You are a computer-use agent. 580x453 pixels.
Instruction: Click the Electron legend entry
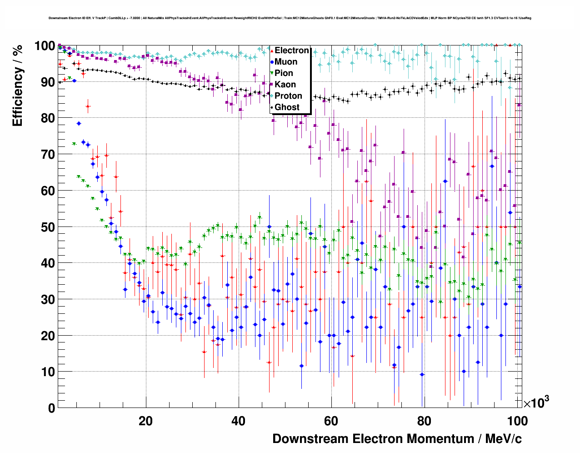point(291,50)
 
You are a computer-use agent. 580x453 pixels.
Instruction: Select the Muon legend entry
point(286,62)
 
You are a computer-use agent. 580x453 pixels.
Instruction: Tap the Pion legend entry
point(284,73)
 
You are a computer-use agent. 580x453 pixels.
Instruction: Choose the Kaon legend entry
point(285,85)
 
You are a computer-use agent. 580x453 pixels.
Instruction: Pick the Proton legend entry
point(288,96)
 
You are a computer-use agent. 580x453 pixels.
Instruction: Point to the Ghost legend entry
point(287,107)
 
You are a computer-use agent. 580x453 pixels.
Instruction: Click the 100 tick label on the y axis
point(45,46)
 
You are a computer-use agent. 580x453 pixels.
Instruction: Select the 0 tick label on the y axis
point(51,408)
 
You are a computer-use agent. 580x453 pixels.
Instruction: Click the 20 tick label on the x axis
point(145,421)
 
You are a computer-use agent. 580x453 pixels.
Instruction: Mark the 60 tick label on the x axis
point(331,421)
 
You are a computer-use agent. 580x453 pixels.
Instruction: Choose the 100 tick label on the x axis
point(517,421)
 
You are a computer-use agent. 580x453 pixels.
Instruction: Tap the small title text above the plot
point(290,18)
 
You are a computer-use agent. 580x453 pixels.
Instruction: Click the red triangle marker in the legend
point(272,51)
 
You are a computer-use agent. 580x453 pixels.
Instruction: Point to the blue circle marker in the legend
point(272,62)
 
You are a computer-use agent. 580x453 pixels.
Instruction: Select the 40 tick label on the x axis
point(238,421)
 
